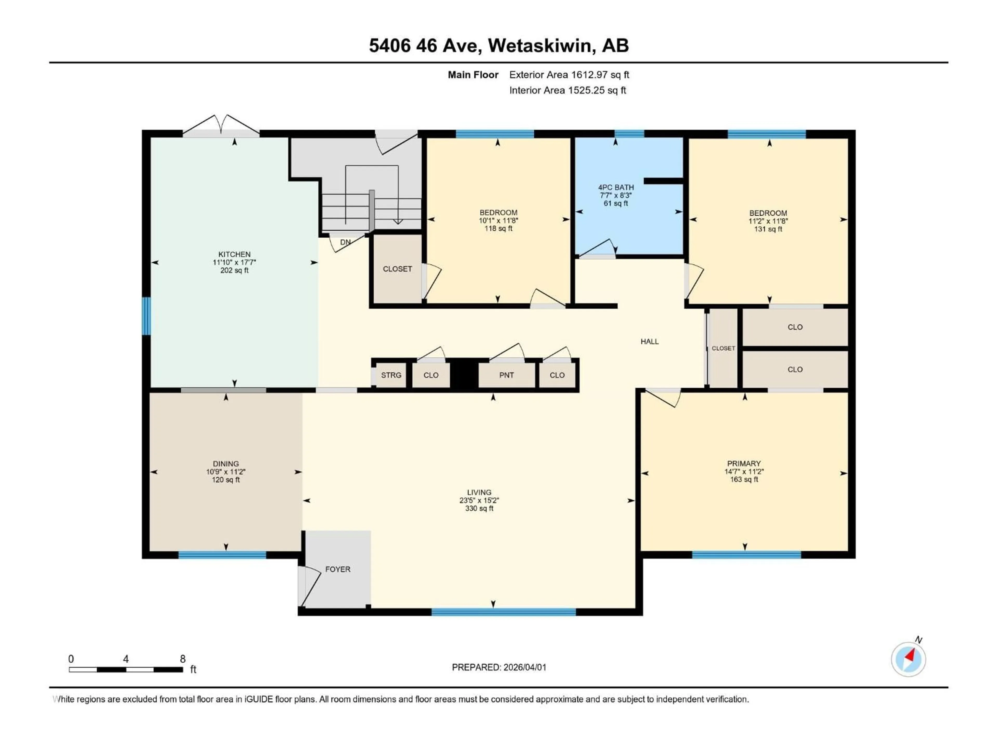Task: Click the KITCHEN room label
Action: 234,254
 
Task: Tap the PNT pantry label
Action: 506,375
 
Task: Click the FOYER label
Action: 338,570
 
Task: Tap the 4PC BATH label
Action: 616,187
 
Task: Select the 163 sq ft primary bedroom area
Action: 744,480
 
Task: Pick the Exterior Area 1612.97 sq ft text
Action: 569,75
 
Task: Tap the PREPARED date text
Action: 499,667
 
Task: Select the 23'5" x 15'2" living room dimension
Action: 479,500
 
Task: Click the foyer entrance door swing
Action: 307,586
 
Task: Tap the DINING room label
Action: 226,464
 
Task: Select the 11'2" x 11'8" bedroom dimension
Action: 768,221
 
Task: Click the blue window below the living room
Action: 503,612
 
